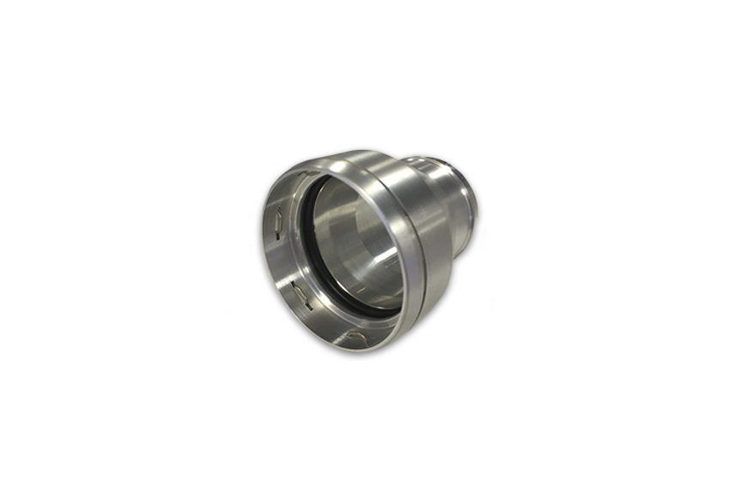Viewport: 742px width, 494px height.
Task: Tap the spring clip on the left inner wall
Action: (277, 225)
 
